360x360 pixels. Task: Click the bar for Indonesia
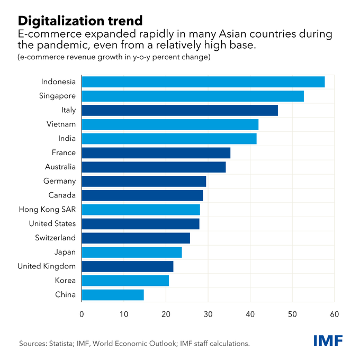pos(203,82)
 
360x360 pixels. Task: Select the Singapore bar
pos(193,96)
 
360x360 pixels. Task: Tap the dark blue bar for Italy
pos(180,110)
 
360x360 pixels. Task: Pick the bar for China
pos(113,295)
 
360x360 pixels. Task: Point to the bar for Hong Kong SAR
pos(141,210)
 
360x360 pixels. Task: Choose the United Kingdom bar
pos(128,266)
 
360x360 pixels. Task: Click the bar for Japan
pos(132,252)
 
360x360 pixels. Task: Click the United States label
pos(52,224)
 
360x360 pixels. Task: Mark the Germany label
pos(59,181)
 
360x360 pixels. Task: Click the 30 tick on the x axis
pos(208,314)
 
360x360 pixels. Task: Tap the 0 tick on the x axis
pos(82,314)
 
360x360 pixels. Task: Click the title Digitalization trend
pos(80,21)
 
